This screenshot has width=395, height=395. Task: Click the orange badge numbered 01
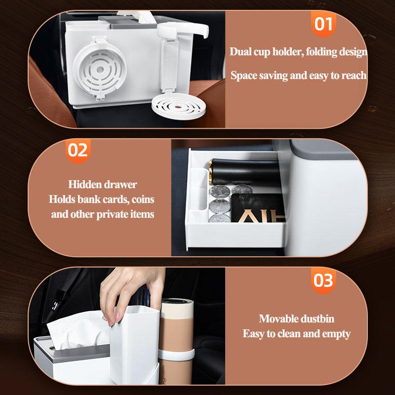point(323,24)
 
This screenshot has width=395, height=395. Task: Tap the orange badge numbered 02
point(78,151)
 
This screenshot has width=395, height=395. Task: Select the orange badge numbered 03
point(323,280)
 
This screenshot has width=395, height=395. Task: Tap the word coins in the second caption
point(143,199)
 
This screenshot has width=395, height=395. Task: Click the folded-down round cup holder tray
point(178,105)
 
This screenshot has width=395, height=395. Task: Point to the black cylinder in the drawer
point(244,172)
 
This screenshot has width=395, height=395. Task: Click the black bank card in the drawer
point(258,208)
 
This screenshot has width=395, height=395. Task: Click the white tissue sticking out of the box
point(78,330)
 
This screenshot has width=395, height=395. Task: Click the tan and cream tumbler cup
point(176,340)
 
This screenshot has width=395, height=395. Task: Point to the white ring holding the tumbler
point(176,354)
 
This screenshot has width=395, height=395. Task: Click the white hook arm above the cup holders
point(183,30)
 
